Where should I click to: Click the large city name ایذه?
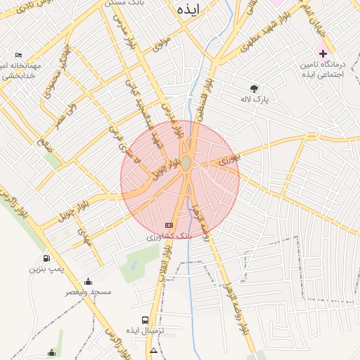tap(189, 10)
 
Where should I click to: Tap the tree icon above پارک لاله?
tap(254, 89)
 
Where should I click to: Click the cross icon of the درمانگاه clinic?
tap(323, 53)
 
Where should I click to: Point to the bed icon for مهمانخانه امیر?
tap(19, 55)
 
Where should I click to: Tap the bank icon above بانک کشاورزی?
tap(168, 225)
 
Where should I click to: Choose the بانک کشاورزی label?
tap(169, 237)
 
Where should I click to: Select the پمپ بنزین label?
tap(47, 269)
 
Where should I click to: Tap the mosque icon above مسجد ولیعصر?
tap(88, 281)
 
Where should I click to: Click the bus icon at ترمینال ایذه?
tap(145, 320)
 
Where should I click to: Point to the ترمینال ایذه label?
tap(145, 330)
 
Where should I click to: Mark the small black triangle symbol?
tap(153, 349)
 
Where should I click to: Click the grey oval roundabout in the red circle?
tap(186, 164)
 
